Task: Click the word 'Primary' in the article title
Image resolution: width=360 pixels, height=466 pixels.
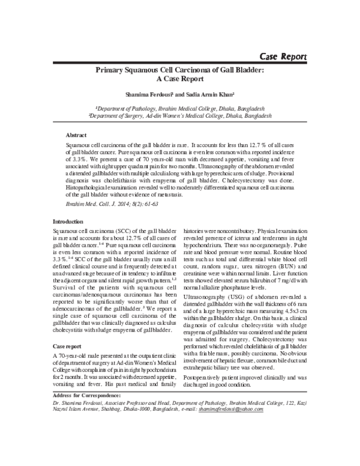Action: tap(114, 71)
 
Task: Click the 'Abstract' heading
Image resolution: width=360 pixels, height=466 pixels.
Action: tap(76, 135)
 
